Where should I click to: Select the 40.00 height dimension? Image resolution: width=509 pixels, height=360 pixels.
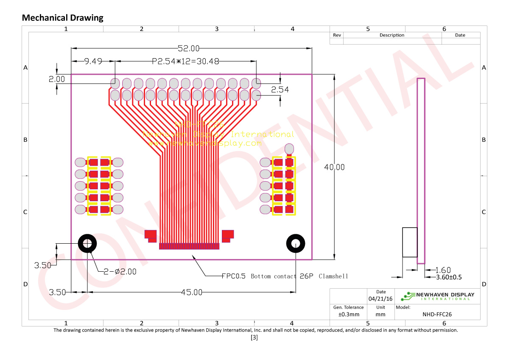334,167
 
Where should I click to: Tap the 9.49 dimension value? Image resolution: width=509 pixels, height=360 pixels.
93,61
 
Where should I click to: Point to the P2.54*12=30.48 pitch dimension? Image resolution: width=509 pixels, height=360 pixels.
185,61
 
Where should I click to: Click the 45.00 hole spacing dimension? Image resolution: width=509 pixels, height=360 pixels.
191,292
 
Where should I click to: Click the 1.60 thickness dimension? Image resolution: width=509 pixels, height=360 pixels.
443,270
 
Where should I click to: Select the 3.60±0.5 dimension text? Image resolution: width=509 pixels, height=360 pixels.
450,277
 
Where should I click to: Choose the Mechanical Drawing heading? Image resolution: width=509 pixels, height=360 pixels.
62,18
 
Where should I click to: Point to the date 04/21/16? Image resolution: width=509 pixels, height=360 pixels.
380,298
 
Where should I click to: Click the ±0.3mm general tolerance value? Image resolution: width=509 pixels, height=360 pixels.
348,315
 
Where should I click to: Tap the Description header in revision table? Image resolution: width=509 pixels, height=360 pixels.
392,35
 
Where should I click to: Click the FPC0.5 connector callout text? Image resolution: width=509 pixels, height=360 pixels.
285,276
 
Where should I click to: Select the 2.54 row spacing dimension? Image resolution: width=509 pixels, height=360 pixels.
280,90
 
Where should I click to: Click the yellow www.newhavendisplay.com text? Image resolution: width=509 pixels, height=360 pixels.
205,143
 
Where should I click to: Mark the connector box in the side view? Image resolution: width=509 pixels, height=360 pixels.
409,242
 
